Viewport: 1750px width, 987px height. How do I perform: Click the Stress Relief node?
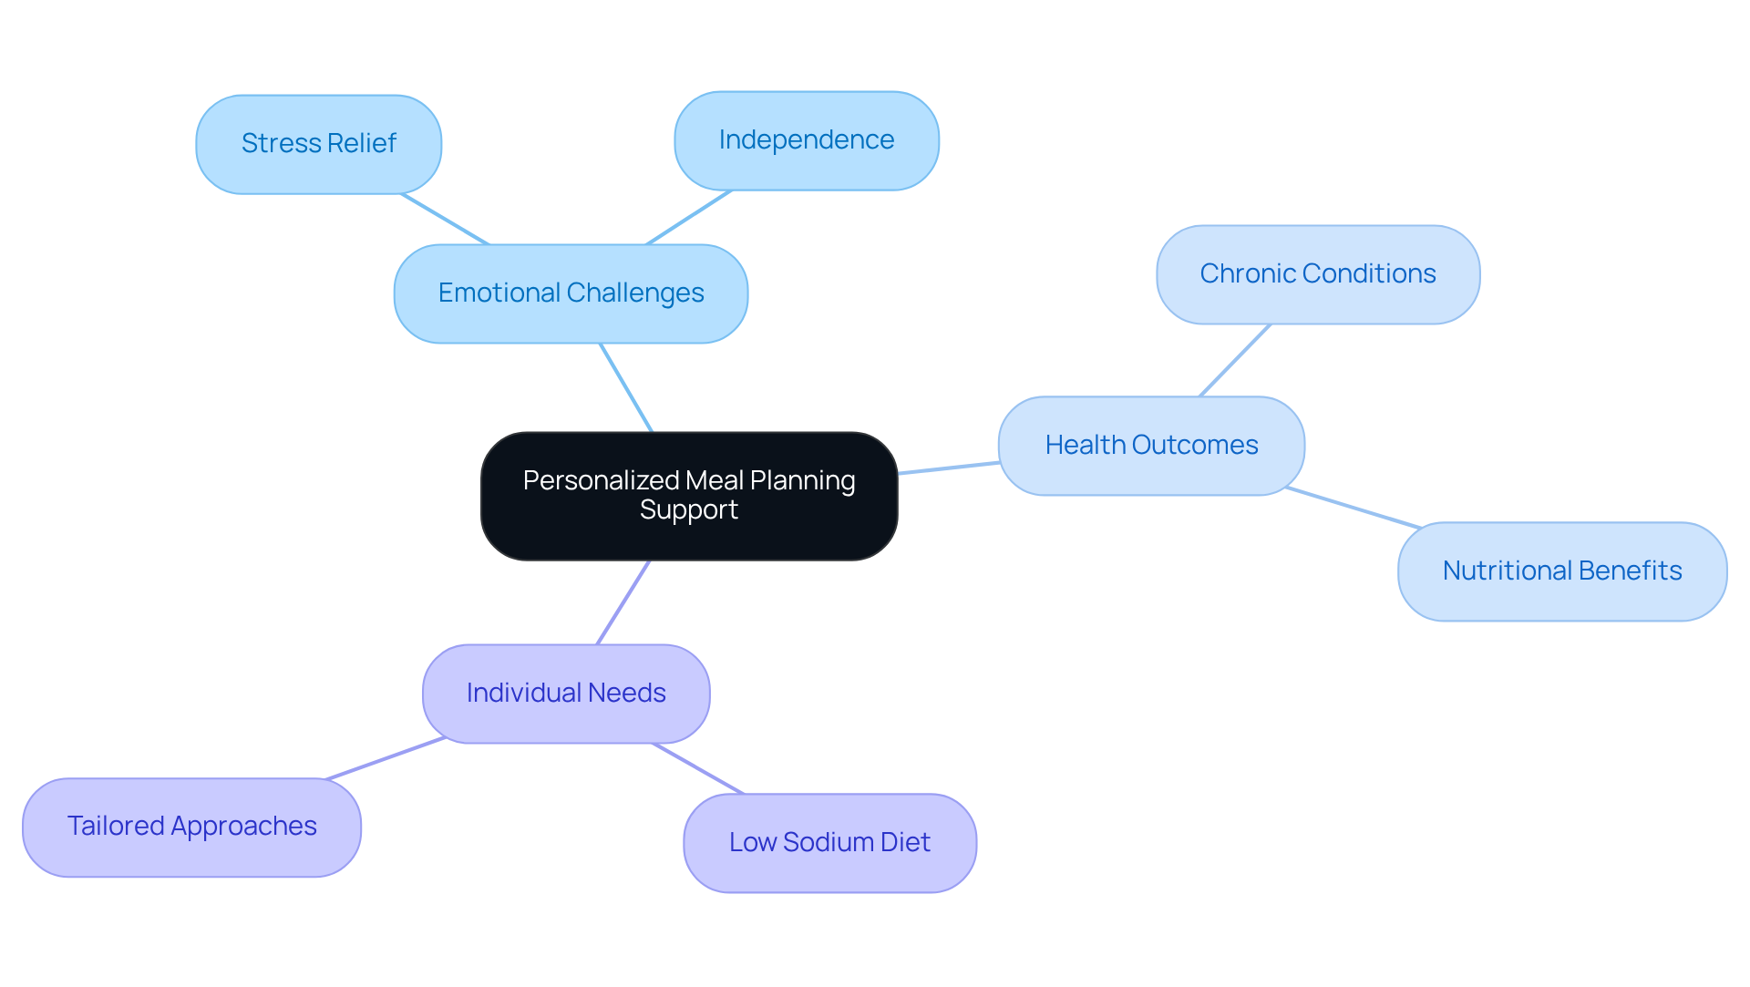pos(318,144)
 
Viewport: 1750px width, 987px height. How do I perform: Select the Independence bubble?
pos(806,140)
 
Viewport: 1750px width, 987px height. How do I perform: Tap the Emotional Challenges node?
pos(571,293)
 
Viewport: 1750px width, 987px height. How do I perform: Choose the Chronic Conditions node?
pos(1317,274)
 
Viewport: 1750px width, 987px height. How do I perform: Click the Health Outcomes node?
pos(1151,446)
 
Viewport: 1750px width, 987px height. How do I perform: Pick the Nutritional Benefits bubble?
pos(1561,571)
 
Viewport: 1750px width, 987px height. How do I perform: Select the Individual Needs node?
pos(565,694)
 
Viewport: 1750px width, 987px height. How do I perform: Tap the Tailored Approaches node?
pos(191,827)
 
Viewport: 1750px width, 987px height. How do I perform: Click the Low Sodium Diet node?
pos(829,843)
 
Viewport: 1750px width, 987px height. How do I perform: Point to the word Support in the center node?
pos(689,510)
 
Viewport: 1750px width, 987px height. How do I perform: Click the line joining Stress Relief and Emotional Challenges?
pos(445,219)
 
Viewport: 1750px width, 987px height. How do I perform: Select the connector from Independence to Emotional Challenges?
pos(689,217)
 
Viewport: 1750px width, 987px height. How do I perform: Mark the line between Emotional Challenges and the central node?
pos(626,387)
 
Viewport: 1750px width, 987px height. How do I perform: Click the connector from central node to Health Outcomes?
pos(948,468)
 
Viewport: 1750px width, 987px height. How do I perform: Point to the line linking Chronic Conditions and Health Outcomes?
pos(1234,360)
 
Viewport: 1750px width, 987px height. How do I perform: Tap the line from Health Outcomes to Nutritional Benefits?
pos(1354,508)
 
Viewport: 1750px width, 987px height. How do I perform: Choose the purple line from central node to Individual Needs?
pos(623,601)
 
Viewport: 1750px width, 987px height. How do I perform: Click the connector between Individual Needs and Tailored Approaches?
pos(386,758)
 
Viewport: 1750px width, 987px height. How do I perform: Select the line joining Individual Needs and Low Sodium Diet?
pos(698,768)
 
